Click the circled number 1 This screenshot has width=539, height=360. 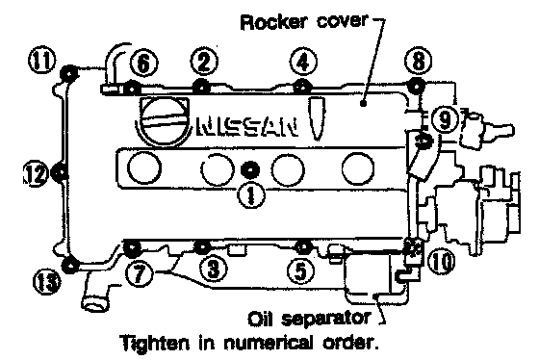251,195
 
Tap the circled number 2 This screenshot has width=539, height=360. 204,63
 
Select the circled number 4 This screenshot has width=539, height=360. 303,63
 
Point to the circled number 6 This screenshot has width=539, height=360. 144,64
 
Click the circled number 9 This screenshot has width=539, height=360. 445,119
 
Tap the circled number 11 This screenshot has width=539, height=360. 42,60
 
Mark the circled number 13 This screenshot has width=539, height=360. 47,282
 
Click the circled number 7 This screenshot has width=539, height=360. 139,274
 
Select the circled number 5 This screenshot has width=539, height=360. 300,271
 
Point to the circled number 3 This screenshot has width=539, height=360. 214,269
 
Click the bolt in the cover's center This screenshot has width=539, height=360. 250,169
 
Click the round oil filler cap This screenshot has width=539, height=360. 163,120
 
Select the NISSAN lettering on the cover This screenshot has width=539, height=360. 246,128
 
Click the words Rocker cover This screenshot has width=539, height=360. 304,22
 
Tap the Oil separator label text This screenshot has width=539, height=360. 309,319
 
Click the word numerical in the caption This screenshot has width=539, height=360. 269,342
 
